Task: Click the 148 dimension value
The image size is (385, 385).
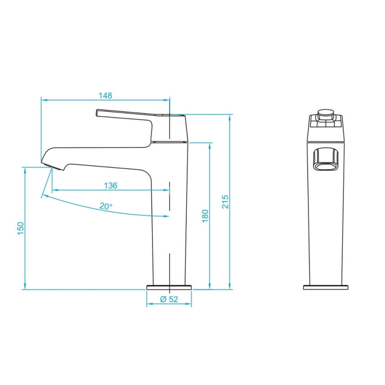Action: click(x=105, y=95)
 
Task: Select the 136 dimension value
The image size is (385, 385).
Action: click(x=111, y=185)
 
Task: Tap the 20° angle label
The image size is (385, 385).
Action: click(x=106, y=206)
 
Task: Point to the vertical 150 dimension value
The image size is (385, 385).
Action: click(x=21, y=228)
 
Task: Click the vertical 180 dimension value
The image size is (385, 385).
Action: click(x=205, y=216)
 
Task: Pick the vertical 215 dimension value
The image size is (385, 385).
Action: click(x=225, y=202)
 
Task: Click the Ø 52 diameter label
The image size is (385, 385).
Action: click(x=169, y=299)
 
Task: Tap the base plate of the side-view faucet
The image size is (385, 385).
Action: click(x=169, y=287)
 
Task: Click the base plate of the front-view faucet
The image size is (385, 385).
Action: click(x=326, y=287)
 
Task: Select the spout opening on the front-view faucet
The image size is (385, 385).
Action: click(x=326, y=159)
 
